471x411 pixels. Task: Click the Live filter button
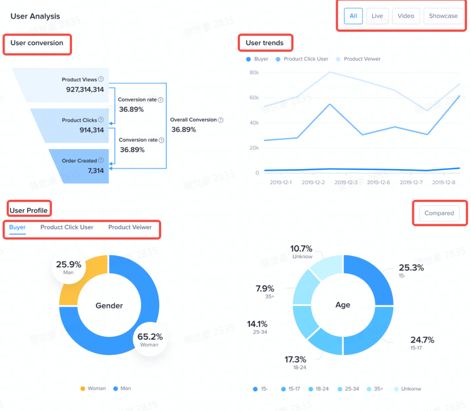pyautogui.click(x=377, y=16)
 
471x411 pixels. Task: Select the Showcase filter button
pyautogui.click(x=443, y=16)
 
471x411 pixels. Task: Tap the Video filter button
pyautogui.click(x=405, y=16)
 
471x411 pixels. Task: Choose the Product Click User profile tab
pyautogui.click(x=67, y=227)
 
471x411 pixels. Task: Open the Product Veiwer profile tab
pyautogui.click(x=130, y=227)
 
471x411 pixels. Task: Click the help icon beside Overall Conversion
pyautogui.click(x=220, y=120)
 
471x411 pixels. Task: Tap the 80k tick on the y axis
pyautogui.click(x=254, y=72)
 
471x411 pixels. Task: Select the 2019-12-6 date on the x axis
pyautogui.click(x=378, y=182)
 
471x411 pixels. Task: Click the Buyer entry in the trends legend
pyautogui.click(x=257, y=59)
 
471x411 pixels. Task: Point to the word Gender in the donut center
pyautogui.click(x=109, y=305)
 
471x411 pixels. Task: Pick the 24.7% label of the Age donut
pyautogui.click(x=422, y=340)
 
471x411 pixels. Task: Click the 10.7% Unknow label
pyautogui.click(x=301, y=249)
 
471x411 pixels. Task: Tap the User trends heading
pyautogui.click(x=264, y=43)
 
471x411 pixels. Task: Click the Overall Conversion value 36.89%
pyautogui.click(x=183, y=129)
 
